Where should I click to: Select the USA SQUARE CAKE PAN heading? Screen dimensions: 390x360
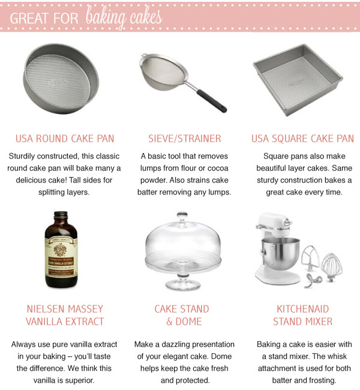click(302, 139)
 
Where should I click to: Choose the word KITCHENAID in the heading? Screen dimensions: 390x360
click(303, 309)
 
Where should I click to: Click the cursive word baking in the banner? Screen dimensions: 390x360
click(103, 16)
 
